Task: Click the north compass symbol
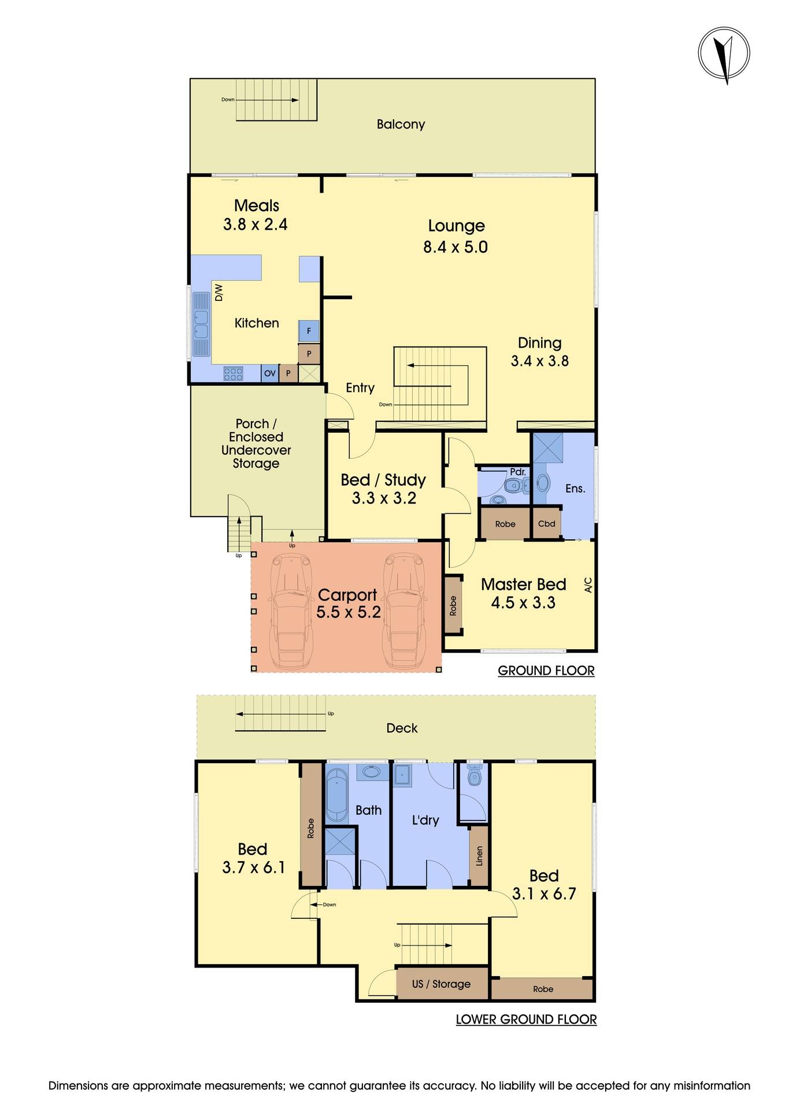coord(724,53)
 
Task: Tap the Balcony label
coord(401,124)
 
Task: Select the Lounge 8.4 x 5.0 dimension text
coord(456,247)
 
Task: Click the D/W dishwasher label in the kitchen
coord(219,292)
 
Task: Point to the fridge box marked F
coord(309,331)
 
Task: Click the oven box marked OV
coord(270,373)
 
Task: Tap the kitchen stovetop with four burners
coord(233,374)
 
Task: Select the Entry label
coord(360,388)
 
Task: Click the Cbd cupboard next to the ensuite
coord(546,524)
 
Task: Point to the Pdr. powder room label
coord(518,472)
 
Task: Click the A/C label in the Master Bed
coord(588,585)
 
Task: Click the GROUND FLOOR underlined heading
coord(546,671)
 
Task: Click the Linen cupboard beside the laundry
coord(479,856)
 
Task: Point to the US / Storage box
coord(442,984)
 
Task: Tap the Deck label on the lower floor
coord(402,728)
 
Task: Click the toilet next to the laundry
coord(475,777)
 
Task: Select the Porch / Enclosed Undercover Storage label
coord(256,443)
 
